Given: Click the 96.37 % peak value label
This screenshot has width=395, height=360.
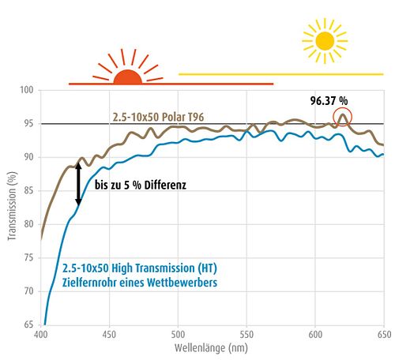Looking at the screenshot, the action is tap(329, 100).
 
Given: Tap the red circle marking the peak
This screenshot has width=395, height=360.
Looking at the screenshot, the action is tap(333, 117).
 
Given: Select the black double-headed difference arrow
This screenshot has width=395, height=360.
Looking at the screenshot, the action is tap(78, 184).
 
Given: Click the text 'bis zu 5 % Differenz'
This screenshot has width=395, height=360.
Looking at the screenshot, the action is tap(141, 185).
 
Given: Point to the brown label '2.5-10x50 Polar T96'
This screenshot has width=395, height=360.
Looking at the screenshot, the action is tap(158, 117).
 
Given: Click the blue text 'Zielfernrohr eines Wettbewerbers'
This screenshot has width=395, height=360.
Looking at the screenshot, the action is tap(140, 283).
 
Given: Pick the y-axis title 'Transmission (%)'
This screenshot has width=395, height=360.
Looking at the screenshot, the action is tap(12, 206).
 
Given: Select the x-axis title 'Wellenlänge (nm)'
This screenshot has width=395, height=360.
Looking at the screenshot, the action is tap(211, 347).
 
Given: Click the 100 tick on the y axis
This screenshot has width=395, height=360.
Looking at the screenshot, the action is tap(27, 90).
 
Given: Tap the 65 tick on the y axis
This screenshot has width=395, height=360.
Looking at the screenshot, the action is tap(28, 324).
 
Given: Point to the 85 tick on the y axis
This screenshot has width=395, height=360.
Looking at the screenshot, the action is tap(28, 190).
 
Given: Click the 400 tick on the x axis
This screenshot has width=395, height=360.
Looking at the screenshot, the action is tap(41, 335).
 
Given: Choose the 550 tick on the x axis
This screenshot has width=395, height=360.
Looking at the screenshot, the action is tap(246, 335).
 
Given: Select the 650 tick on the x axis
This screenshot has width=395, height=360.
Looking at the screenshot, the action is tap(384, 335).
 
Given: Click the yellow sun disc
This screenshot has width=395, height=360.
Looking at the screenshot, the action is tap(325, 41).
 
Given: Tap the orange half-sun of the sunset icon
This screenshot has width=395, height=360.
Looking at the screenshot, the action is tap(128, 77).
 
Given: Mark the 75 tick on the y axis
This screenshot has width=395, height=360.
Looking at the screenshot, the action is tap(28, 257).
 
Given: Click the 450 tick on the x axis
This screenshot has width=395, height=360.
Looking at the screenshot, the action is tap(109, 335).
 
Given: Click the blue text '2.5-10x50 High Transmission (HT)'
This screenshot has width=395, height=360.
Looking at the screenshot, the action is tap(140, 268).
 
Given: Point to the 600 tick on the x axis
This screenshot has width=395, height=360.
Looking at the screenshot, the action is tap(315, 335).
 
